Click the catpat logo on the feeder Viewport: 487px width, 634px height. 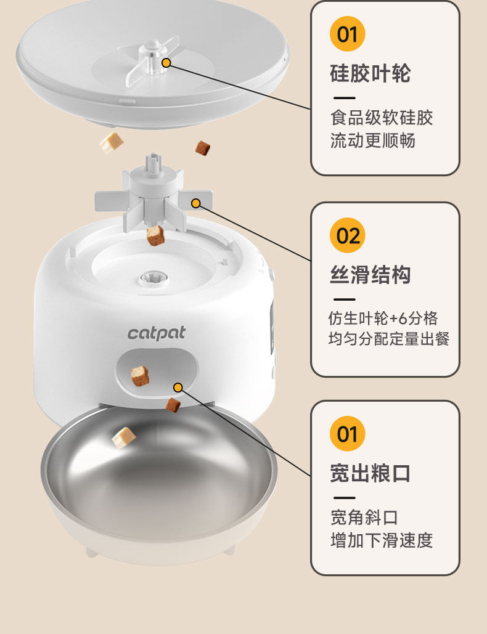coord(157,333)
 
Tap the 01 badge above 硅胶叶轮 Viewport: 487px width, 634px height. coord(348,34)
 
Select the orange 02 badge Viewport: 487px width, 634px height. coord(348,235)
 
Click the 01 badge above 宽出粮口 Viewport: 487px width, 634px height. coord(348,434)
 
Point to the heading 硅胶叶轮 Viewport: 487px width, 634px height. coord(370,74)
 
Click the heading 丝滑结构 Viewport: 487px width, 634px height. coord(370,275)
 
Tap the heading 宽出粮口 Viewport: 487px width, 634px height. coord(370,473)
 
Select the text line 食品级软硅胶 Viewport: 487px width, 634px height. coord(381,118)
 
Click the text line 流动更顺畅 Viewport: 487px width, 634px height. coord(372,140)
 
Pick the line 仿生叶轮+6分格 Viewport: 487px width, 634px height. coord(382,318)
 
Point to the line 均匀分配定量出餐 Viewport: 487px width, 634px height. coord(388,338)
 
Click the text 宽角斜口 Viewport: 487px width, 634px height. coord(364,517)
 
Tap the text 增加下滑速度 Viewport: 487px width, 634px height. coord(381,540)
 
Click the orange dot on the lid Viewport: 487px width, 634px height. coord(166,63)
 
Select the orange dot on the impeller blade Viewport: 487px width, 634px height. coord(196,203)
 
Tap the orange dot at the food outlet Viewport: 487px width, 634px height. coord(178,388)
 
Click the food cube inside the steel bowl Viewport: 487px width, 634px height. coord(123,437)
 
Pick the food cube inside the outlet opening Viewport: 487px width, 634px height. coord(140,375)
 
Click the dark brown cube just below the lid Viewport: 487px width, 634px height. coord(202,148)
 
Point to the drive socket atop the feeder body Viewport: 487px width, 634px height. coord(152,277)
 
